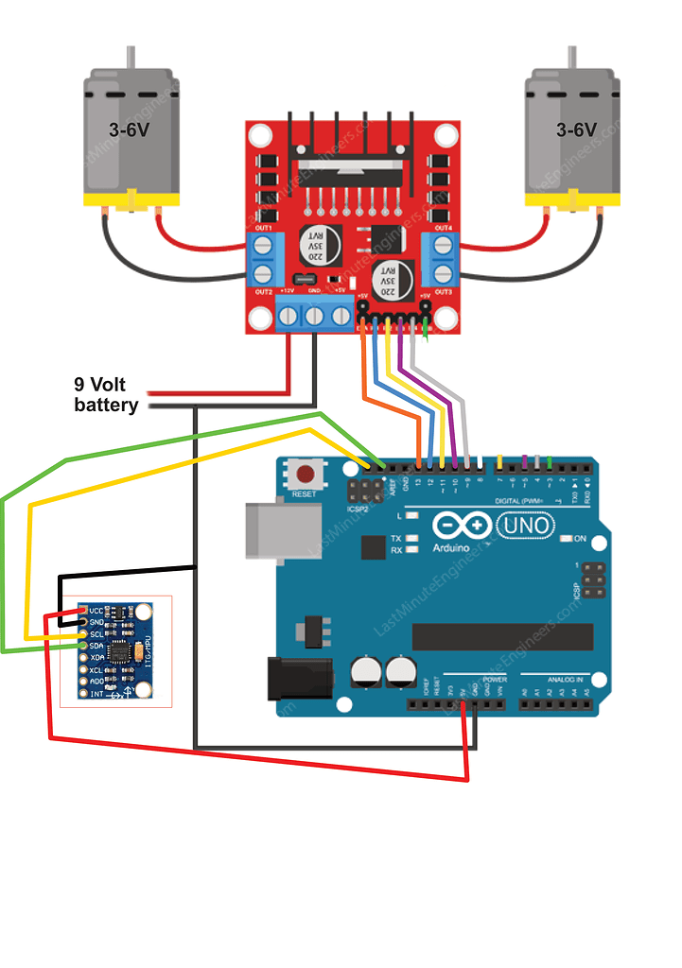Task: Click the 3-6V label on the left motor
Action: [128, 130]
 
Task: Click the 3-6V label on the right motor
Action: [576, 130]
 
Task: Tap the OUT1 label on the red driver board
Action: [263, 229]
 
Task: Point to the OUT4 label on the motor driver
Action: [443, 229]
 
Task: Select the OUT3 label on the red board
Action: [443, 292]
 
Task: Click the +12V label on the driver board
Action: [288, 292]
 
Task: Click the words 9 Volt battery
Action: [106, 395]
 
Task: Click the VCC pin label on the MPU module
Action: [96, 610]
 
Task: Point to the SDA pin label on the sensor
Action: [96, 646]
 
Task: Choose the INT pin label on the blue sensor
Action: [96, 693]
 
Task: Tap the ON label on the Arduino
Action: [581, 538]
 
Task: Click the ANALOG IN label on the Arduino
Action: [566, 679]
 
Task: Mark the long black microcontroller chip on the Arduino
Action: [502, 637]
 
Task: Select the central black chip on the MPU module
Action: [120, 651]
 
